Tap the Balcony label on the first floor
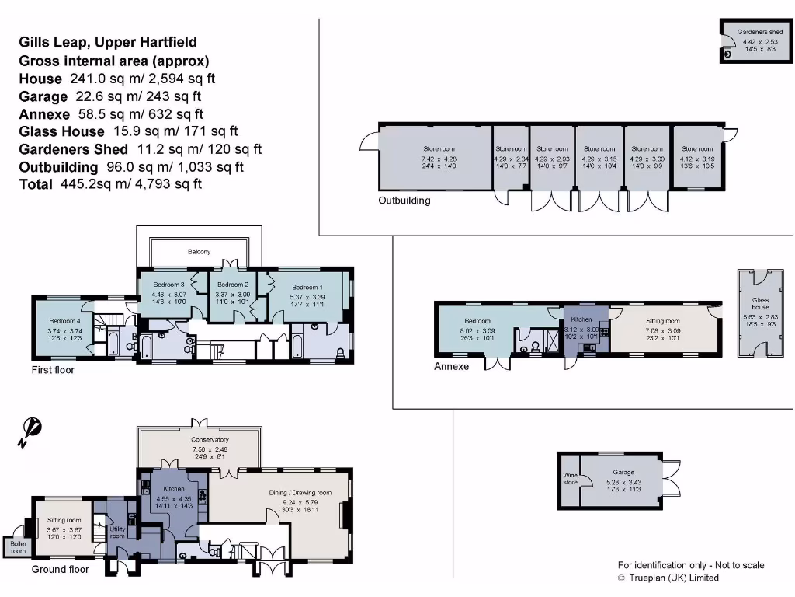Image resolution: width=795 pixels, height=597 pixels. tap(199, 252)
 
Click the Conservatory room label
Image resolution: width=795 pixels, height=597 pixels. tap(199, 439)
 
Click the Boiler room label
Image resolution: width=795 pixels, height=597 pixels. tap(17, 547)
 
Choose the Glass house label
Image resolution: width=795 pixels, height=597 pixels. tap(760, 302)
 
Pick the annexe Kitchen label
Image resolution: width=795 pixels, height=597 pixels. tap(581, 319)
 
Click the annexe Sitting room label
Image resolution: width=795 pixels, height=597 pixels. tap(662, 320)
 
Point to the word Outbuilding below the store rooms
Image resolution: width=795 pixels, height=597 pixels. tap(404, 200)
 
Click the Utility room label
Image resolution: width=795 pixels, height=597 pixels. tap(116, 532)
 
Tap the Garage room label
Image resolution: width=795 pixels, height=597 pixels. tap(623, 472)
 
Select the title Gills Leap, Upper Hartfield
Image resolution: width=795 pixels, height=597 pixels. tap(108, 43)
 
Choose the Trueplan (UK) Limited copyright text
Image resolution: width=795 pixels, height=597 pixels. tap(668, 578)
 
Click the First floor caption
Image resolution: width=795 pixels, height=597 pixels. tap(53, 370)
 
